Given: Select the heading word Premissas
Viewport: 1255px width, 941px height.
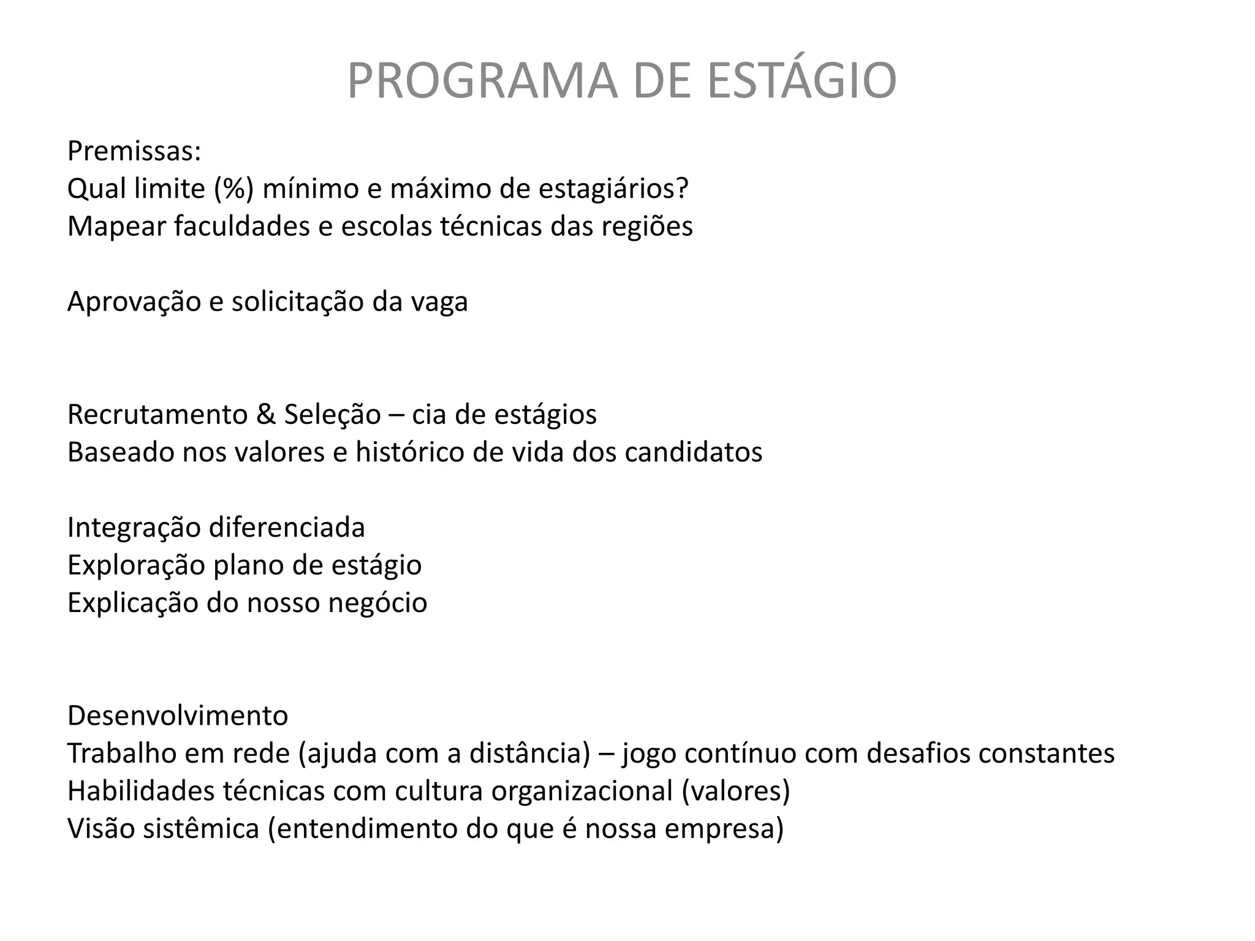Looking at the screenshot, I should (134, 151).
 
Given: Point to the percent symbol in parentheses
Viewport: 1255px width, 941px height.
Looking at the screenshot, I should (233, 189).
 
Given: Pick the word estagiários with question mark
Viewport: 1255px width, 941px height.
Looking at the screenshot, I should (613, 189).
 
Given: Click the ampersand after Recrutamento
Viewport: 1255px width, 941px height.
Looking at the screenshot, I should (266, 415).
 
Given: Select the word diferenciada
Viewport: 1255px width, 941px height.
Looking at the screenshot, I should (287, 527).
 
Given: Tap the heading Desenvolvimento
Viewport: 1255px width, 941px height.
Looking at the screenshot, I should (178, 716).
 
